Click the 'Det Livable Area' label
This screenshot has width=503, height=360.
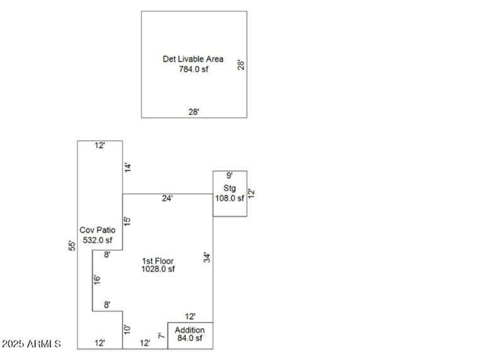click(193, 59)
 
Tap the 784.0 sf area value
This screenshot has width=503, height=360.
click(193, 69)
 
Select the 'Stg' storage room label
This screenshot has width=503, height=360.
click(229, 188)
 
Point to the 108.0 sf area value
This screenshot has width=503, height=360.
click(229, 198)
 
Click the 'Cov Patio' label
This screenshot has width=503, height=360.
click(97, 230)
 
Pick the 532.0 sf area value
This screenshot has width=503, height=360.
click(97, 240)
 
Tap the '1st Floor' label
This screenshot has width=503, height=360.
click(158, 261)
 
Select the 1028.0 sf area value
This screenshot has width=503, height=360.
click(158, 269)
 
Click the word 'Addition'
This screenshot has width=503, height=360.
click(190, 330)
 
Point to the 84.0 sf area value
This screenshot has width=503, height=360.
click(190, 339)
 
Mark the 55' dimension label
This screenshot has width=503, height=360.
click(72, 245)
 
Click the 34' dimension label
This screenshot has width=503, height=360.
click(206, 257)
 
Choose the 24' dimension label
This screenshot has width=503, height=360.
click(167, 198)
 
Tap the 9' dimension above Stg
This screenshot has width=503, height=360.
click(229, 176)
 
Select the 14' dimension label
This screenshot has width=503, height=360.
click(128, 167)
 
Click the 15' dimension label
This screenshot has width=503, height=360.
click(128, 222)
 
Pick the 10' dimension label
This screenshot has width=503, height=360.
click(128, 329)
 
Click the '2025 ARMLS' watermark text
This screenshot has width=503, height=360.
click(31, 344)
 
